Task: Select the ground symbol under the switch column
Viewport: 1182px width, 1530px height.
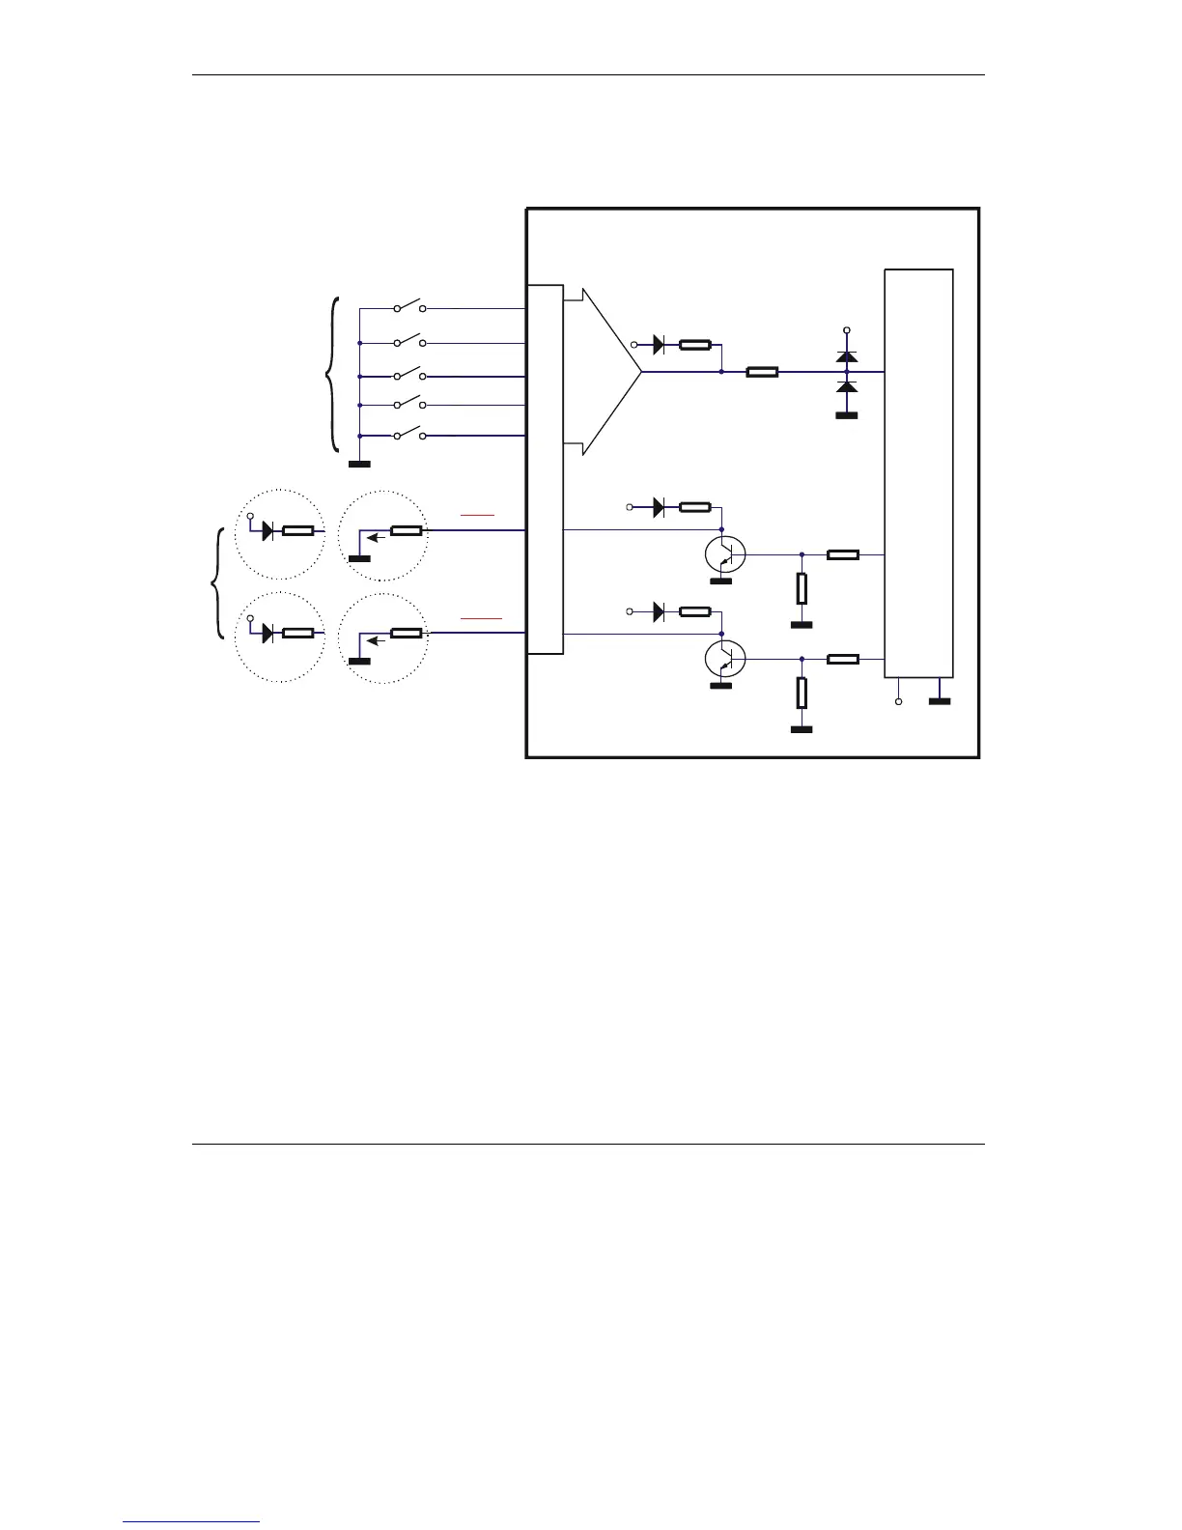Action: (359, 465)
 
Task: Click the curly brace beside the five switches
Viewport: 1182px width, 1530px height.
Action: (333, 374)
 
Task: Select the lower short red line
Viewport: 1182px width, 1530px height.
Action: (481, 616)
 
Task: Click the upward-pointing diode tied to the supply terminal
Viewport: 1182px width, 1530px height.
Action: (847, 356)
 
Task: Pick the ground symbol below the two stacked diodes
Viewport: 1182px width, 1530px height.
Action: (847, 416)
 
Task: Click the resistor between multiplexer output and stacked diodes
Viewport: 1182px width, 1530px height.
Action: (762, 371)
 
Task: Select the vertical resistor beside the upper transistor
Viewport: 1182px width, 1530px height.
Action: (802, 587)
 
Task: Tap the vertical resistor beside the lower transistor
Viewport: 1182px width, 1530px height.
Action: (802, 693)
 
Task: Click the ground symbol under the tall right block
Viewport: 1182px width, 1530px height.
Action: (939, 701)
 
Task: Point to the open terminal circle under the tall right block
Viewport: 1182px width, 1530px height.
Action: (898, 702)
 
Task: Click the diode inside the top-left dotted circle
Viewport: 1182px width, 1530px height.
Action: (269, 530)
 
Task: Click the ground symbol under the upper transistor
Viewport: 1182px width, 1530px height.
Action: (720, 581)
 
